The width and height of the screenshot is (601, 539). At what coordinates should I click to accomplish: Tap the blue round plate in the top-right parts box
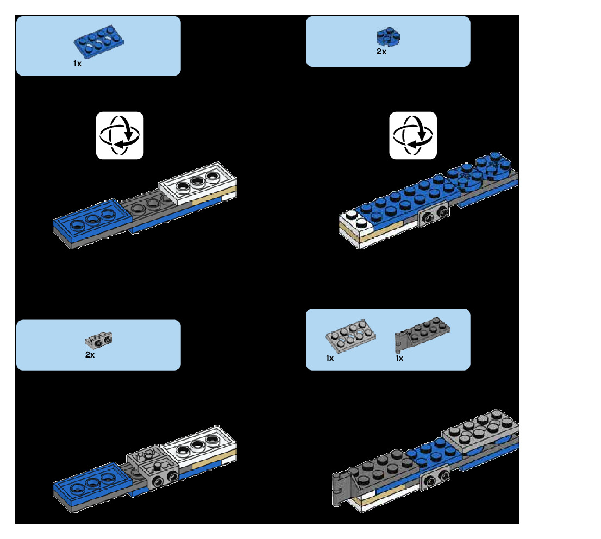pos(387,37)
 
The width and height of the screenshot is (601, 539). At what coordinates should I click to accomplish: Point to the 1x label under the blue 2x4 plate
pos(77,64)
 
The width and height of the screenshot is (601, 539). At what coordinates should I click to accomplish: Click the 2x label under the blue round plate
pos(381,52)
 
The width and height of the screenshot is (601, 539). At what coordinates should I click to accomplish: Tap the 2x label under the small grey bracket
pos(90,355)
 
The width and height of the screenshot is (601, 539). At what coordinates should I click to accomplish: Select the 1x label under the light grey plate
pos(330,358)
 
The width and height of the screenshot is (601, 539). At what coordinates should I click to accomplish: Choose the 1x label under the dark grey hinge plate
pos(399,358)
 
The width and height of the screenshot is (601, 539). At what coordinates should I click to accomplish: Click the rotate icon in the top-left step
pos(120,135)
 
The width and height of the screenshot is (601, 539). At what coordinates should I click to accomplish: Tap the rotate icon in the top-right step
pos(413,135)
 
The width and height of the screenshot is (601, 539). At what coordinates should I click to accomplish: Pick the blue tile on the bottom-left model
pos(92,479)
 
